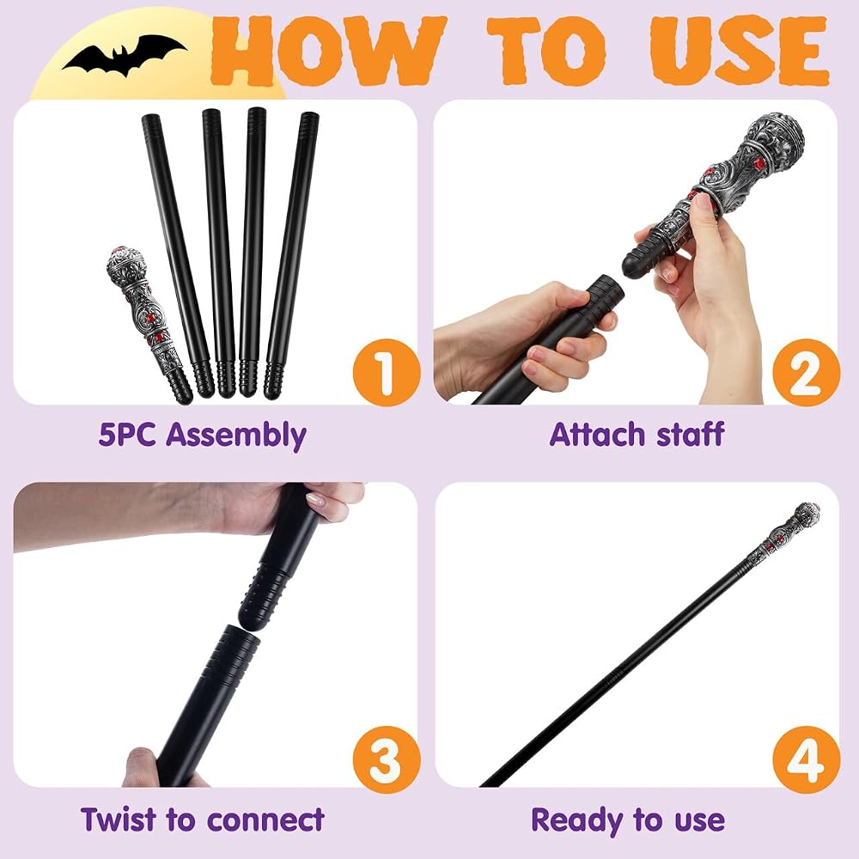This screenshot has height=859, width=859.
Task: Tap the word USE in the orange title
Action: pyautogui.click(x=739, y=51)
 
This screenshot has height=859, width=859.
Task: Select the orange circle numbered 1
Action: pyautogui.click(x=387, y=373)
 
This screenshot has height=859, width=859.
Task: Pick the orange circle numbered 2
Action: pyautogui.click(x=806, y=373)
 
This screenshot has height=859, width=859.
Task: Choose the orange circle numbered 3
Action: pyautogui.click(x=387, y=759)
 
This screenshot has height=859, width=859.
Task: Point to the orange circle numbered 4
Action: pyautogui.click(x=806, y=759)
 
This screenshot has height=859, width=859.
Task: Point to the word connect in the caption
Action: pyautogui.click(x=265, y=820)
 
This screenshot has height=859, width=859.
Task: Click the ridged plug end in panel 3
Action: pyautogui.click(x=264, y=598)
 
